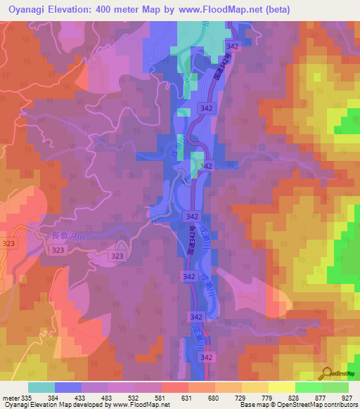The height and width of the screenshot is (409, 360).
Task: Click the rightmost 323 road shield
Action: pos(117,257)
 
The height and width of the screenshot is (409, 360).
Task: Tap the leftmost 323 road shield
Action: pos(8,242)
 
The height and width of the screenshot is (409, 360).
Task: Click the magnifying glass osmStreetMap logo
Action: pos(328,374)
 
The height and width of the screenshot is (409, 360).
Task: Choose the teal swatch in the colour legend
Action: pos(41,387)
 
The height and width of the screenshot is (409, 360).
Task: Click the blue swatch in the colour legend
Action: pos(68,387)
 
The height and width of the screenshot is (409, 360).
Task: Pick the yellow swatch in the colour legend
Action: pos(282,387)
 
